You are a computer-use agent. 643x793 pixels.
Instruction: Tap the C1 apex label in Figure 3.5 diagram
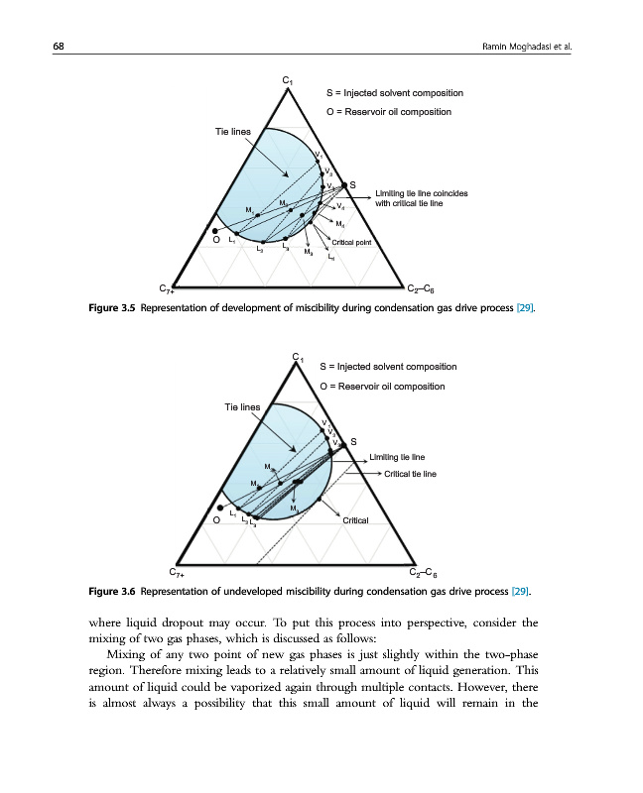(x=287, y=80)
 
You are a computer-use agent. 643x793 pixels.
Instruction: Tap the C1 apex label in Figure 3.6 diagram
(x=298, y=357)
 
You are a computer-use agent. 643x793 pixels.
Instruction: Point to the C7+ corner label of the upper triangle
(x=168, y=288)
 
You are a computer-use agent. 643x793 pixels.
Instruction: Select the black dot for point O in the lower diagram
(x=220, y=508)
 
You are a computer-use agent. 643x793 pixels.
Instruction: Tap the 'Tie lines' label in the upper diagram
(x=233, y=131)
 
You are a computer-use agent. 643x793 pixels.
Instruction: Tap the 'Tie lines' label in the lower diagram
(x=242, y=406)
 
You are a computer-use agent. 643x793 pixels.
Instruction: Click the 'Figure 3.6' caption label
(x=111, y=592)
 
